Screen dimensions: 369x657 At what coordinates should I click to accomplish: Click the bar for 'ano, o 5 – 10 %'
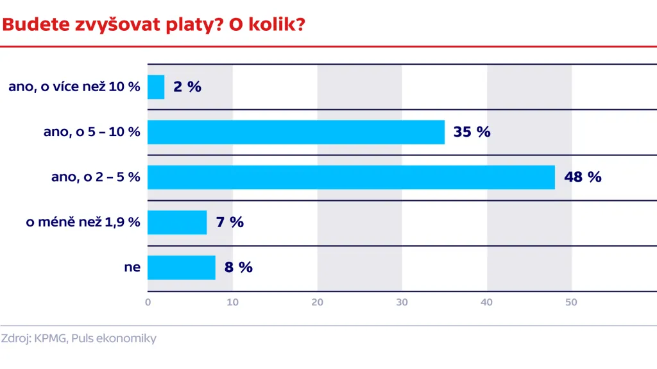click(x=296, y=132)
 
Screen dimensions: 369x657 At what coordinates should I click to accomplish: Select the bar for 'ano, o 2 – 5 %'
click(x=351, y=177)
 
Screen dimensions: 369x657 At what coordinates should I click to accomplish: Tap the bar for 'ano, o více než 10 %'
click(x=156, y=87)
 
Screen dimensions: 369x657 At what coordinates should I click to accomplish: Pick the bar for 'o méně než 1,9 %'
click(x=177, y=222)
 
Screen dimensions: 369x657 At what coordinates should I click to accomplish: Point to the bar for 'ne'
click(x=182, y=268)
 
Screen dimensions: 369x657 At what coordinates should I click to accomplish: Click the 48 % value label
click(x=583, y=177)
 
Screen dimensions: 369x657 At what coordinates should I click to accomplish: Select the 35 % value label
click(x=472, y=132)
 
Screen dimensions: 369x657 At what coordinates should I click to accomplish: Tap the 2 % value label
click(x=187, y=87)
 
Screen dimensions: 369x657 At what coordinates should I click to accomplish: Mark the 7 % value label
click(x=230, y=222)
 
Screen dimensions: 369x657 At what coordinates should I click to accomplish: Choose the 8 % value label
click(x=238, y=268)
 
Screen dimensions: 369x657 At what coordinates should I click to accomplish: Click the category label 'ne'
click(x=132, y=268)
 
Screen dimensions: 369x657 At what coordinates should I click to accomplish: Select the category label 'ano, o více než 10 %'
click(x=74, y=87)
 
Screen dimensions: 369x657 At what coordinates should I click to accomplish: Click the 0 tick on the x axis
click(x=148, y=302)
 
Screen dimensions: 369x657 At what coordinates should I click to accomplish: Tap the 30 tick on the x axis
click(x=402, y=302)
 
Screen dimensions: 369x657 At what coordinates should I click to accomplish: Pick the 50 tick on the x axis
click(x=571, y=302)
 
